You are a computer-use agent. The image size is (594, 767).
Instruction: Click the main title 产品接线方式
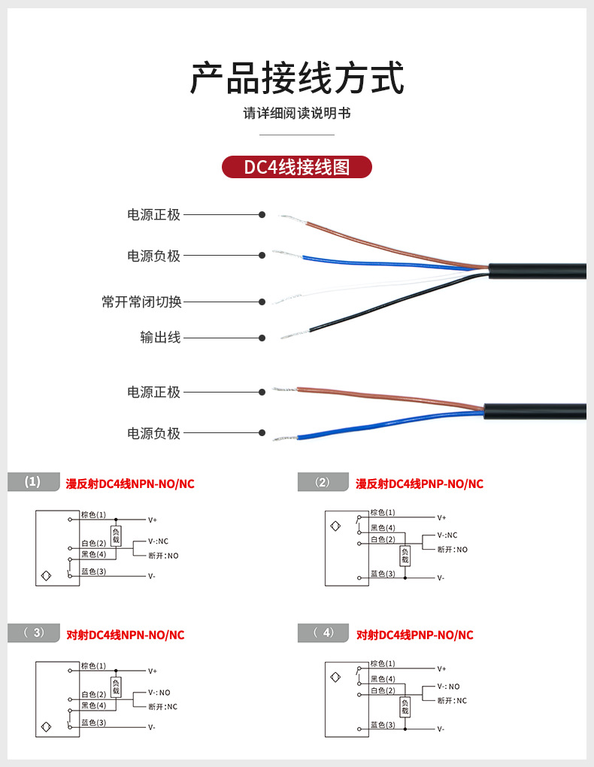pyautogui.click(x=296, y=78)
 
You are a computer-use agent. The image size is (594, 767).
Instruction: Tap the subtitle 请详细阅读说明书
pyautogui.click(x=296, y=114)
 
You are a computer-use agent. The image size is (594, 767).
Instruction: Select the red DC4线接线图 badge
pyautogui.click(x=296, y=167)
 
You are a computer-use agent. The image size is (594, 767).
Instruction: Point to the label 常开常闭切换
pyautogui.click(x=142, y=302)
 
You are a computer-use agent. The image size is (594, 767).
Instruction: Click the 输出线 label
pyautogui.click(x=160, y=338)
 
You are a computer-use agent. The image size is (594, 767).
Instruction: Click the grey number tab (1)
pyautogui.click(x=33, y=482)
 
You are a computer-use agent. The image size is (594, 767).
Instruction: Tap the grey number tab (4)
pyautogui.click(x=323, y=633)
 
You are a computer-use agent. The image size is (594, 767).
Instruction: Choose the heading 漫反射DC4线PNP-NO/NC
pyautogui.click(x=419, y=484)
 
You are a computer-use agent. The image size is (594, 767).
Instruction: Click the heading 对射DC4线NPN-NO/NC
pyautogui.click(x=125, y=635)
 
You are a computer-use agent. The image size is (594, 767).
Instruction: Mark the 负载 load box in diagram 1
pyautogui.click(x=116, y=535)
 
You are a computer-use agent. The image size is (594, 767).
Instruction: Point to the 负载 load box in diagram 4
pyautogui.click(x=405, y=706)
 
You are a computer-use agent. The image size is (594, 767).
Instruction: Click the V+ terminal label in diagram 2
pyautogui.click(x=441, y=518)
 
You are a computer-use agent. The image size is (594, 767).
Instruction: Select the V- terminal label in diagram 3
pyautogui.click(x=152, y=727)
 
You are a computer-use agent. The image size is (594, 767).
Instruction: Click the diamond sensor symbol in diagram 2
pyautogui.click(x=335, y=526)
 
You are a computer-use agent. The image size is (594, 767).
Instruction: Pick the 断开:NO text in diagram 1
pyautogui.click(x=163, y=556)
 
